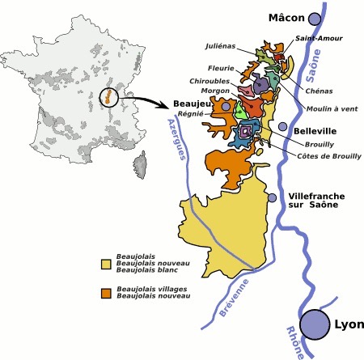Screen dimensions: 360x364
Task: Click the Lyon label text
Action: (x=345, y=325)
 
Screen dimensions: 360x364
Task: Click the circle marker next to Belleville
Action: (x=282, y=127)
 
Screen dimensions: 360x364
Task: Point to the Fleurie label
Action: (x=222, y=68)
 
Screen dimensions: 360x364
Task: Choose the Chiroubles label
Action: (x=214, y=81)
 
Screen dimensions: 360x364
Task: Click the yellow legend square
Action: (x=106, y=264)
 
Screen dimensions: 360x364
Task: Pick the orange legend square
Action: (x=106, y=292)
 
